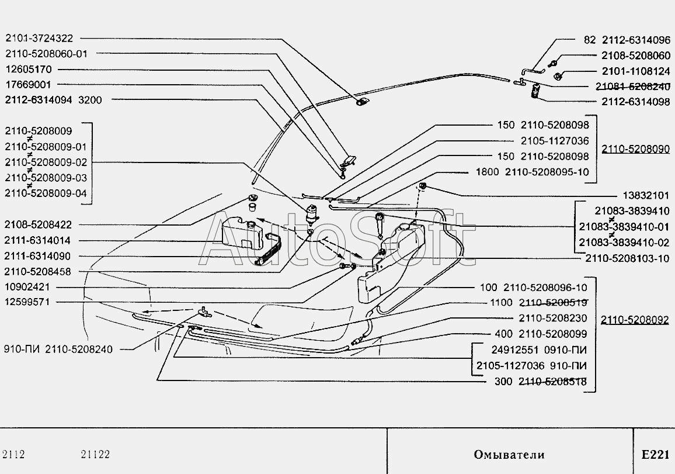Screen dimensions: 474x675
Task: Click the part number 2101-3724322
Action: point(39,38)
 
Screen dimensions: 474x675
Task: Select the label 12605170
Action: point(29,68)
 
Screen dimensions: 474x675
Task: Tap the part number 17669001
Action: point(29,84)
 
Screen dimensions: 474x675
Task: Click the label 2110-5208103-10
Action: point(628,258)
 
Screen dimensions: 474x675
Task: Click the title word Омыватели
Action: point(509,454)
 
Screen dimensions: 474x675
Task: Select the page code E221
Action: point(654,454)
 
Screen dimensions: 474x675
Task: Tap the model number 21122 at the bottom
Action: point(95,455)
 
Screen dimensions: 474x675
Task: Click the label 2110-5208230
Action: point(552,319)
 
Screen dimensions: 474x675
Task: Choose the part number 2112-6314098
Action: point(636,102)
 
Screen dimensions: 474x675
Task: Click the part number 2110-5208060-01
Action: point(46,53)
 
